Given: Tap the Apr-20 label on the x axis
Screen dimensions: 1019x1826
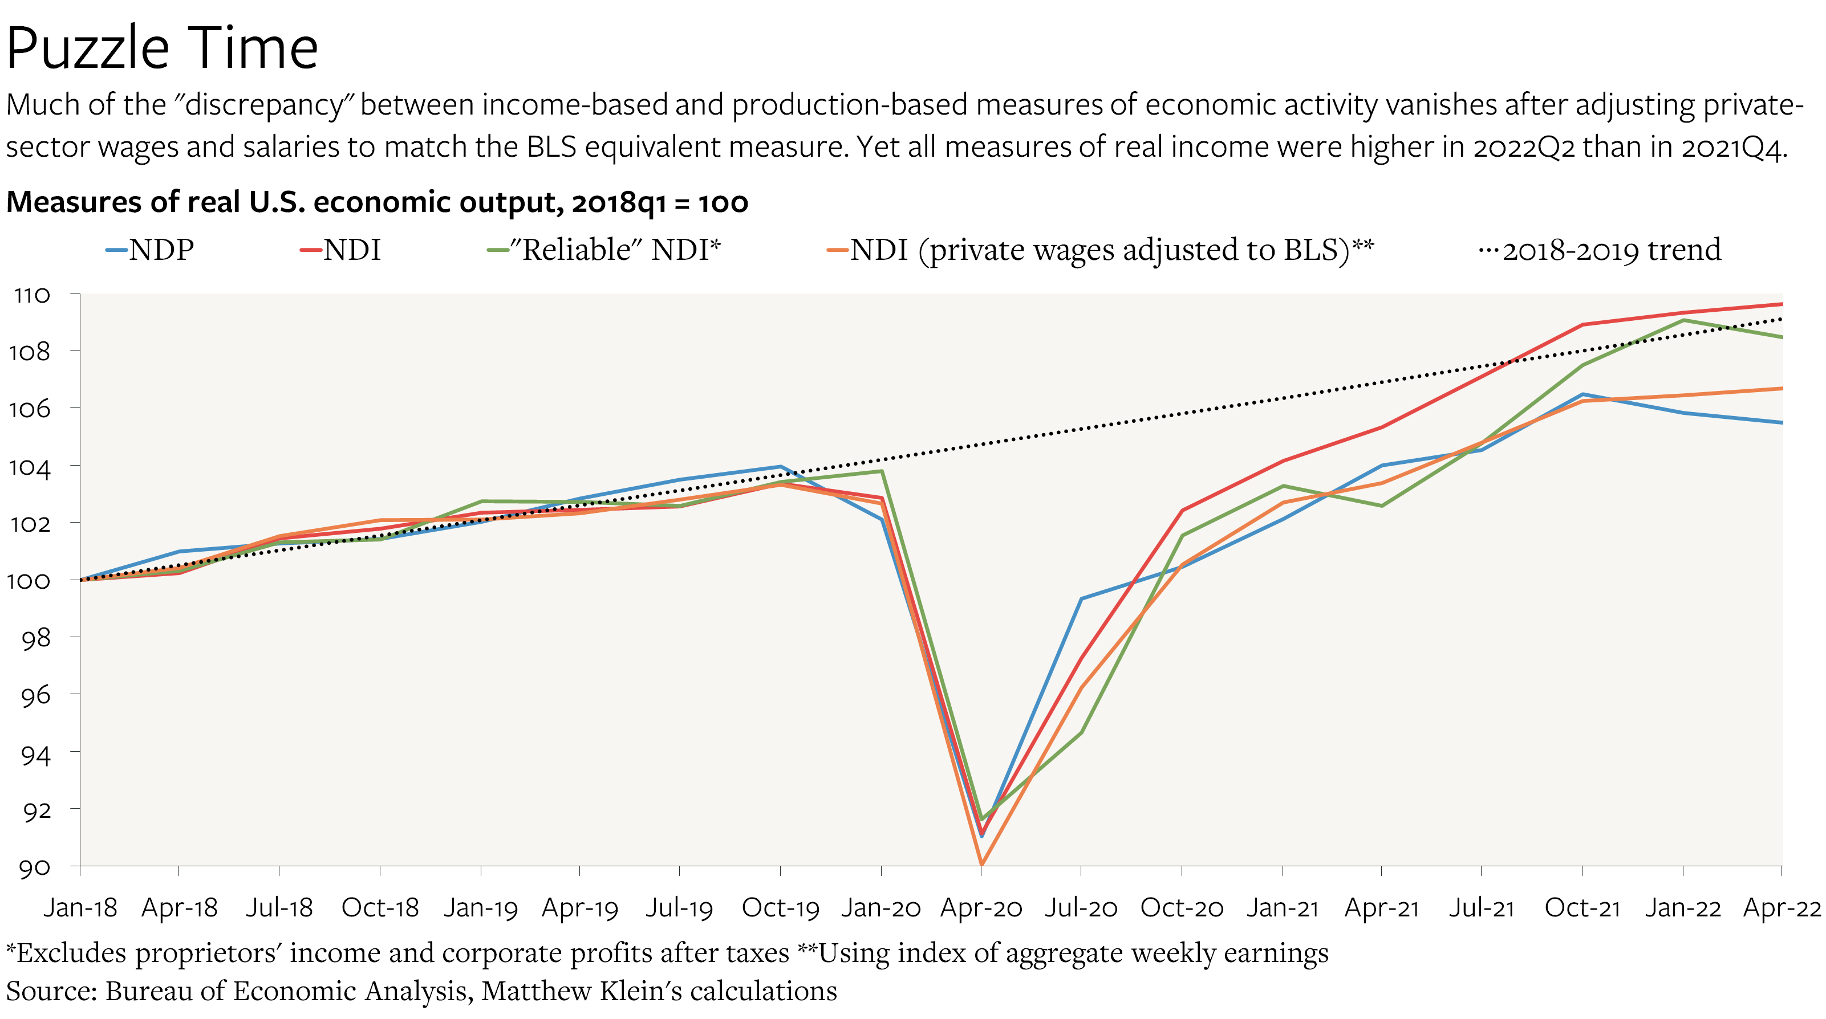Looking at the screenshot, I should pyautogui.click(x=981, y=908).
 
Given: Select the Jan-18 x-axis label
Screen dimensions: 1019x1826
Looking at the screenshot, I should pyautogui.click(x=80, y=908).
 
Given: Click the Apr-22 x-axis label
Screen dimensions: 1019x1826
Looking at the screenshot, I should pyautogui.click(x=1780, y=908).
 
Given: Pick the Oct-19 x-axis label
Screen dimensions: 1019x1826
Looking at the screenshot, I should pyautogui.click(x=781, y=908).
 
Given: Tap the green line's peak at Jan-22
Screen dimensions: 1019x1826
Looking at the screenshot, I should pyautogui.click(x=1683, y=320).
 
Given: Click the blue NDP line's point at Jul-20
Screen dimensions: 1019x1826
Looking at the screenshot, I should pyautogui.click(x=1082, y=599).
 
